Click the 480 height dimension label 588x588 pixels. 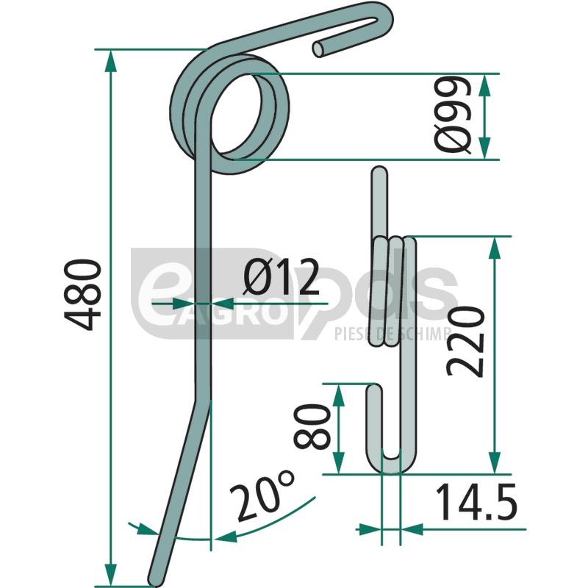(83, 295)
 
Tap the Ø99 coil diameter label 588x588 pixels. (453, 115)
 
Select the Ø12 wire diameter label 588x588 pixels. (281, 278)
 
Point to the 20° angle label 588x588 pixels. (262, 495)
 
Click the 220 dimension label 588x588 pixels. (465, 341)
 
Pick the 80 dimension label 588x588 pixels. (312, 426)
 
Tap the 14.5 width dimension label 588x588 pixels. (476, 502)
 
